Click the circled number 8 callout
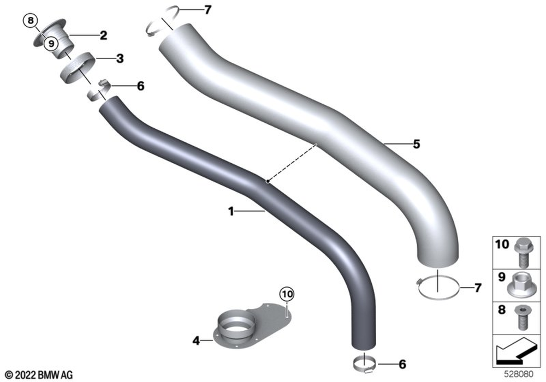point(31,21)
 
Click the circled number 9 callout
point(51,44)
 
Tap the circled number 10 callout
point(287,294)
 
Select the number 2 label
point(103,35)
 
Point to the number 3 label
point(120,58)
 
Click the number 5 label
point(417,144)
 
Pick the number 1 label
point(231,211)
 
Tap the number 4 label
point(197,341)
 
